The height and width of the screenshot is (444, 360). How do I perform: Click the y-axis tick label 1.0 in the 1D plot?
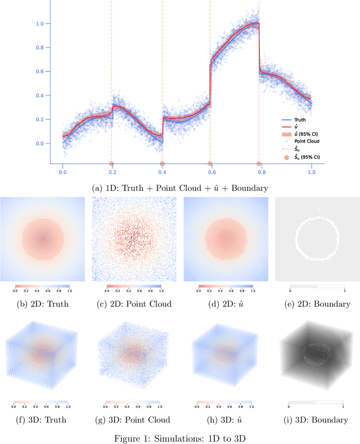[x=39, y=24]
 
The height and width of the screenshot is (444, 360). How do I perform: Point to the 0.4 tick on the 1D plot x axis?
[x=161, y=174]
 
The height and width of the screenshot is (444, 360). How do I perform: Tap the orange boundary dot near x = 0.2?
[x=111, y=164]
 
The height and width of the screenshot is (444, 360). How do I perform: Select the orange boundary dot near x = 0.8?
[x=259, y=164]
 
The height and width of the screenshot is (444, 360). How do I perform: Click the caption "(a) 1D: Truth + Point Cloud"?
[x=179, y=186]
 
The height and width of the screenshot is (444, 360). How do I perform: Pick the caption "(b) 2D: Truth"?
[x=43, y=304]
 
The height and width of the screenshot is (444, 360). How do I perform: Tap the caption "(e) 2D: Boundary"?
[x=317, y=304]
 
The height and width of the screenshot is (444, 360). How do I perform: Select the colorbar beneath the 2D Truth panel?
[x=43, y=286]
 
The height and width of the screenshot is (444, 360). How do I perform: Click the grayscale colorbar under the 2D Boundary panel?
[x=317, y=286]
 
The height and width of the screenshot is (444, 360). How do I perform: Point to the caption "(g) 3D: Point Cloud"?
[x=134, y=419]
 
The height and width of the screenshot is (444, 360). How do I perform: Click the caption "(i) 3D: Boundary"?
[x=317, y=419]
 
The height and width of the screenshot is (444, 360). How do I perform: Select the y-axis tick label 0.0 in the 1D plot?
[x=39, y=143]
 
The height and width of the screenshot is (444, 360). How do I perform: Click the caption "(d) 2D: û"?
[x=225, y=304]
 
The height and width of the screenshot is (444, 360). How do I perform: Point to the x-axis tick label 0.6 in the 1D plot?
[x=210, y=174]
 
